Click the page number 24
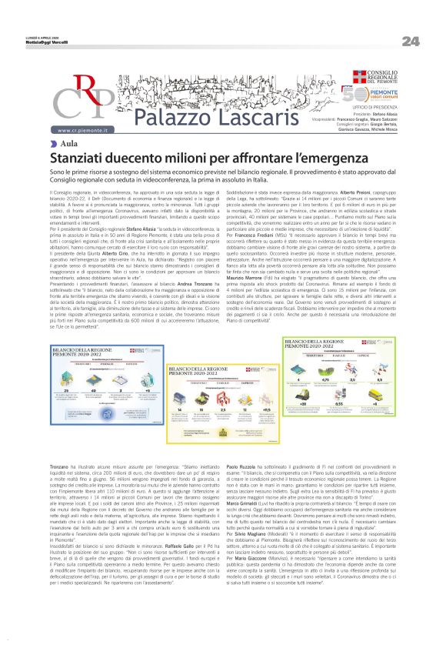[x=410, y=41]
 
